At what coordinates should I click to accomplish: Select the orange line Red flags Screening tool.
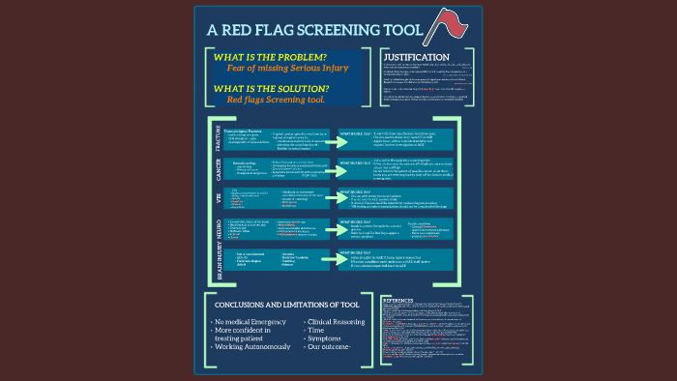pyautogui.click(x=275, y=100)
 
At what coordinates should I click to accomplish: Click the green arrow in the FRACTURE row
pyautogui.click(x=314, y=136)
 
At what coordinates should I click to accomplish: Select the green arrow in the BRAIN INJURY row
pyautogui.click(x=314, y=259)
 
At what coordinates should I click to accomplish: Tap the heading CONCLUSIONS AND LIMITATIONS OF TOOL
pyautogui.click(x=287, y=304)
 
